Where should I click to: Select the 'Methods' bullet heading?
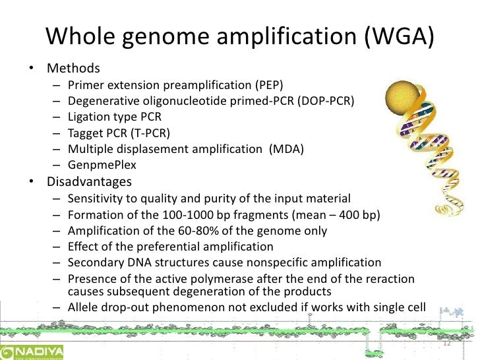click(73, 68)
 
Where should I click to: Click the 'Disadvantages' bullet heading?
click(89, 181)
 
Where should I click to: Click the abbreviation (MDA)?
click(286, 149)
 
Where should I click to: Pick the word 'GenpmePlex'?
click(98, 165)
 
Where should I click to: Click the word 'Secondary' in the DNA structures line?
click(94, 263)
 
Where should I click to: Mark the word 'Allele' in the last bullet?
click(83, 307)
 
